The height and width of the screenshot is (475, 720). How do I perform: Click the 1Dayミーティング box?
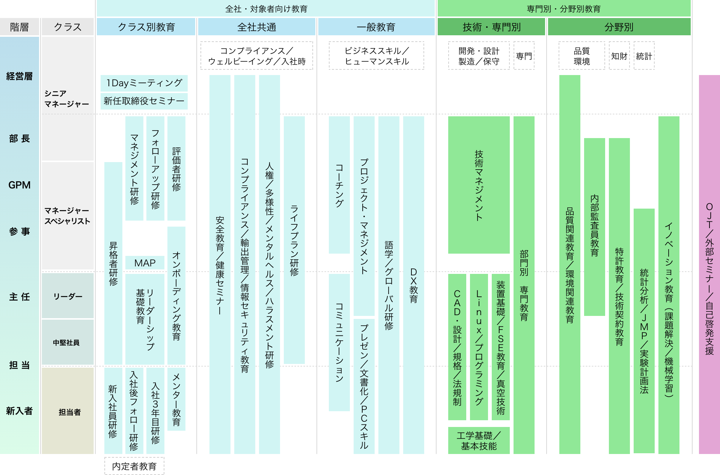[x=144, y=83]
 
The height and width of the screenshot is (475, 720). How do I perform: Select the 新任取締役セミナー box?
[x=144, y=101]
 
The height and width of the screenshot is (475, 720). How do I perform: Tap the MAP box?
[x=145, y=263]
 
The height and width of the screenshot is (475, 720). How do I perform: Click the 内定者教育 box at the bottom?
[x=134, y=466]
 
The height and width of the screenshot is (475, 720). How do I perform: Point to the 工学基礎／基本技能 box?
[x=479, y=440]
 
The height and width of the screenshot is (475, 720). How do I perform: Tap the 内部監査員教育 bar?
[x=594, y=227]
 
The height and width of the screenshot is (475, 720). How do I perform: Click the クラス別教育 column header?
[x=146, y=27]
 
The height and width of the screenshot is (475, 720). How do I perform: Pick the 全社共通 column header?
[x=257, y=27]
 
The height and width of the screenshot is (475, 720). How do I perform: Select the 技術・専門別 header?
[x=491, y=27]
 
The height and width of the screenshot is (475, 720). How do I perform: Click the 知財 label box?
[x=619, y=56]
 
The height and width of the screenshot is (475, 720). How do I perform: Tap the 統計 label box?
[x=644, y=56]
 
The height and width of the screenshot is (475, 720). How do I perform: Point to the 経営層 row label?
[x=20, y=77]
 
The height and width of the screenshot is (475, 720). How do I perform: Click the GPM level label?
[x=20, y=185]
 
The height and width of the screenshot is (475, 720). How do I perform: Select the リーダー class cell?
[x=68, y=296]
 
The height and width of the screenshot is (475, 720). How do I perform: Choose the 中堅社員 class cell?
[x=68, y=342]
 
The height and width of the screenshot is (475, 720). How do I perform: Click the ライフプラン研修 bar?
[x=294, y=240]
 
